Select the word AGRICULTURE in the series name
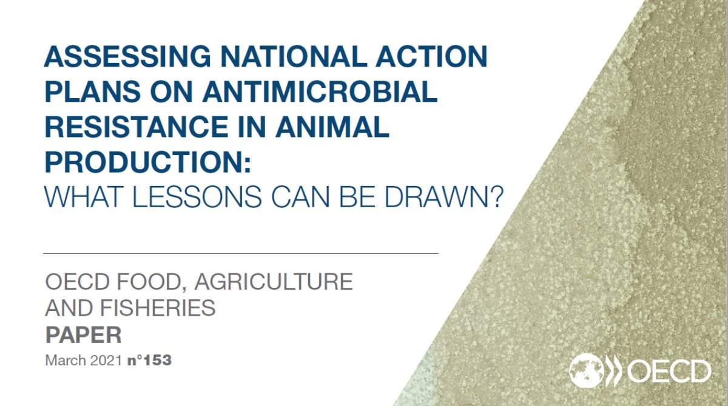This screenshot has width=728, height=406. click(x=272, y=282)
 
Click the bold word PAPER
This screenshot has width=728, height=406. click(x=84, y=335)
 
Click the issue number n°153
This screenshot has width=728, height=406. click(x=149, y=361)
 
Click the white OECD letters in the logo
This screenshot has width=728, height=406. click(x=668, y=370)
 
